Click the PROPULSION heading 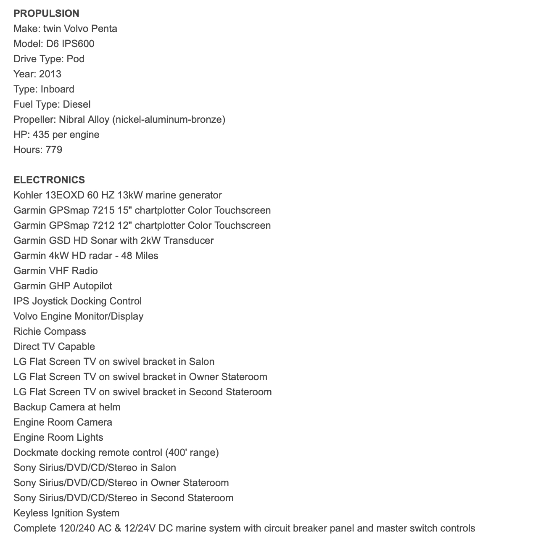click(x=46, y=13)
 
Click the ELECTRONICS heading click(x=49, y=180)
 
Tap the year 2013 click(x=50, y=74)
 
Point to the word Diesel click(x=77, y=104)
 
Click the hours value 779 click(x=53, y=150)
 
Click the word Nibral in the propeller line click(x=72, y=119)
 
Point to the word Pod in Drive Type click(x=76, y=59)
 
